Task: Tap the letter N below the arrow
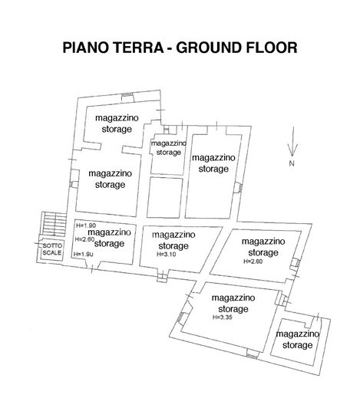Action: pos(292,164)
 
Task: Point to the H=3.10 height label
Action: pos(167,254)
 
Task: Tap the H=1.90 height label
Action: pos(85,225)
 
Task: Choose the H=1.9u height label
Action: pos(84,255)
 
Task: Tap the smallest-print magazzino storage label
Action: pos(169,147)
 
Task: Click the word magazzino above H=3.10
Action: pos(173,234)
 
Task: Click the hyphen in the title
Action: pos(170,48)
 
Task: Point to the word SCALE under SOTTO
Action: pos(51,252)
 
